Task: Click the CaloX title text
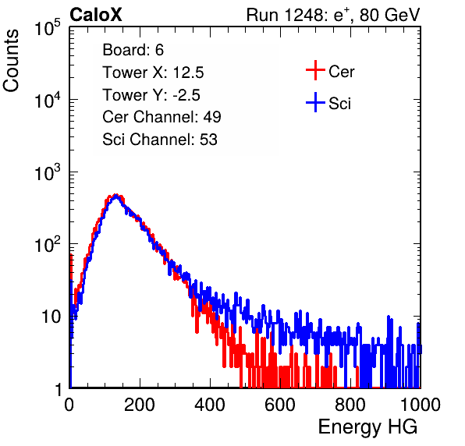click(x=96, y=15)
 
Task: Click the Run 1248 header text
click(x=333, y=15)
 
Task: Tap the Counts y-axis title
click(x=11, y=61)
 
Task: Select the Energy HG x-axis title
click(x=367, y=427)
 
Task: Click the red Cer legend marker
click(x=315, y=70)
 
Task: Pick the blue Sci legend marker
click(x=315, y=103)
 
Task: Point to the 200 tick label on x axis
click(x=140, y=405)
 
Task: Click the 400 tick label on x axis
click(x=210, y=405)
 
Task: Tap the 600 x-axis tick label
click(x=280, y=405)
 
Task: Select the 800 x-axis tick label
click(x=350, y=405)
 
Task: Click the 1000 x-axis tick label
click(x=421, y=405)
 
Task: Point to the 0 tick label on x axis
click(x=69, y=405)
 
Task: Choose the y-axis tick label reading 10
click(x=51, y=317)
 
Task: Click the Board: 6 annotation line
click(x=133, y=50)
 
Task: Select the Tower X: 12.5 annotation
click(x=153, y=73)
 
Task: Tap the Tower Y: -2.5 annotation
click(x=151, y=95)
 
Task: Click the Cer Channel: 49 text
click(x=162, y=117)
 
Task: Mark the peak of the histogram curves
click(x=116, y=195)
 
